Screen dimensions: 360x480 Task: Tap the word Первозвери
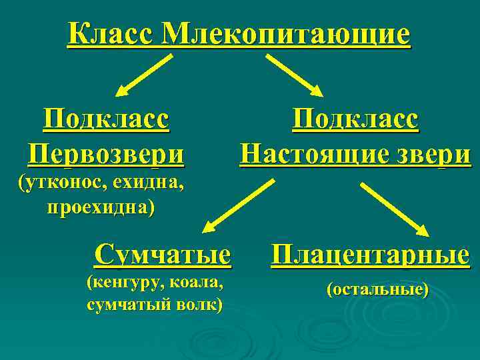click(106, 155)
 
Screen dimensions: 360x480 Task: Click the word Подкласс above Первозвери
click(106, 121)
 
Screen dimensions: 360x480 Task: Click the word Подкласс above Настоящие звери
click(356, 121)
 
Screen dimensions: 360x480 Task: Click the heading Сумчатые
click(163, 254)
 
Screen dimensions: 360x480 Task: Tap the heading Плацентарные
click(370, 254)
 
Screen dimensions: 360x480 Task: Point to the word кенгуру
click(121, 283)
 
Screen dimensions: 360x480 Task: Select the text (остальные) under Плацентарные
click(377, 290)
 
